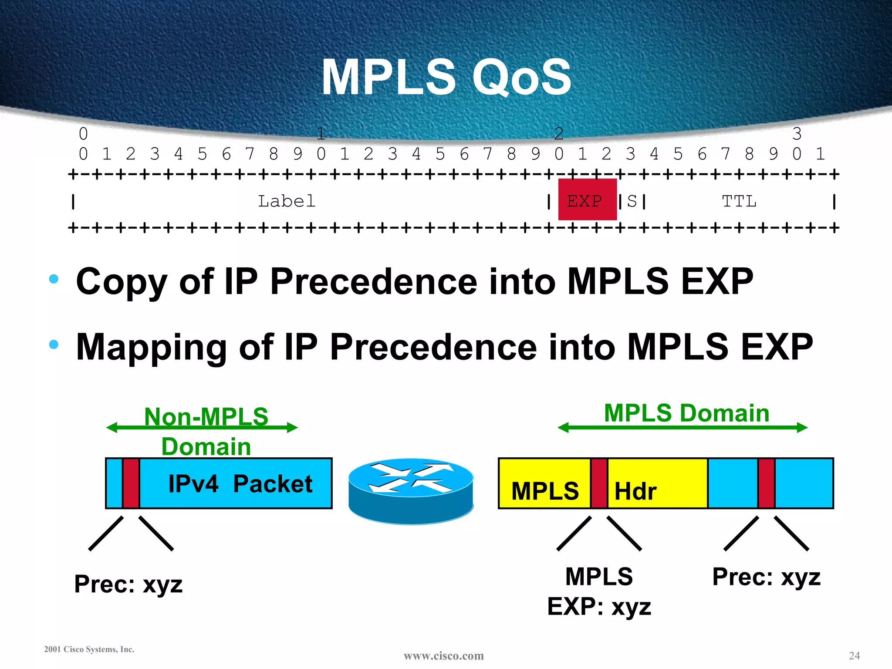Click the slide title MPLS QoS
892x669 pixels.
click(x=446, y=78)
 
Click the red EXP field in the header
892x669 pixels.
click(x=587, y=199)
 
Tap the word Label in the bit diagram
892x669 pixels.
click(x=287, y=201)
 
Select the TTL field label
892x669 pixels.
click(x=739, y=201)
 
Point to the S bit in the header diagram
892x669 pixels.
click(x=632, y=201)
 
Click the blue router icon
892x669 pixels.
click(x=410, y=490)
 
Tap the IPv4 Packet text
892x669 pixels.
click(x=240, y=483)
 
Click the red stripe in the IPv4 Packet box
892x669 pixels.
click(x=131, y=483)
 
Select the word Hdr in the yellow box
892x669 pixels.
click(x=635, y=491)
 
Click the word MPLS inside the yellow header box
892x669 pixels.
click(x=545, y=491)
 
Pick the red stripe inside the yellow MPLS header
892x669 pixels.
click(x=599, y=483)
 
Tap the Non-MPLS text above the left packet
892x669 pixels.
click(x=206, y=416)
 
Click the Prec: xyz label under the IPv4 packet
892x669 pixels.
click(x=128, y=584)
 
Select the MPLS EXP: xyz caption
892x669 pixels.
click(x=599, y=591)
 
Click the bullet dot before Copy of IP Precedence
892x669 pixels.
click(x=54, y=279)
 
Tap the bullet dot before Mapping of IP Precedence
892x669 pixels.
click(x=54, y=345)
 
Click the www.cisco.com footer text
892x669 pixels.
click(x=443, y=655)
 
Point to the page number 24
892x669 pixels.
click(x=854, y=655)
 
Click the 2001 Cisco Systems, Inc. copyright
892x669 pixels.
click(x=89, y=649)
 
